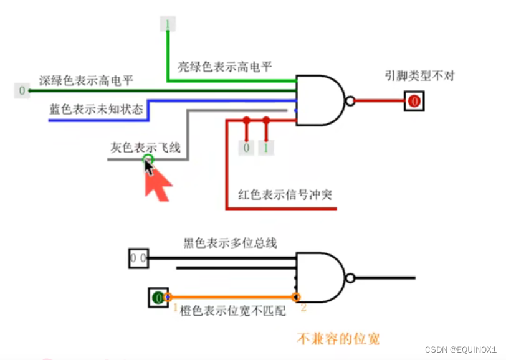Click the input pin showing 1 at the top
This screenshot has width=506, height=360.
tap(166, 24)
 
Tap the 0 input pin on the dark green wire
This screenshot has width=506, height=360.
tap(22, 91)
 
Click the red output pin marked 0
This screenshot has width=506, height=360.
tap(414, 101)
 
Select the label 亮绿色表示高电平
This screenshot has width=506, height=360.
tap(224, 67)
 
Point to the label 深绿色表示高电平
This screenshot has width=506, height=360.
tap(86, 80)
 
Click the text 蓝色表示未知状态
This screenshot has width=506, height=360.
tap(97, 110)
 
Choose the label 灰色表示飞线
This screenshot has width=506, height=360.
tap(145, 147)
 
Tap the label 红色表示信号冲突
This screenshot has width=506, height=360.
tap(285, 194)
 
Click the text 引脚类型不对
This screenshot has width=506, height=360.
tap(420, 77)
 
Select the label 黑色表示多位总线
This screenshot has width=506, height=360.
tap(230, 243)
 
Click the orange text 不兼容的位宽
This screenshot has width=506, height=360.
tap(338, 339)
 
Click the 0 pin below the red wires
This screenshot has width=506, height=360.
tap(247, 148)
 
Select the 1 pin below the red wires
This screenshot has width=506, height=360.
tap(266, 148)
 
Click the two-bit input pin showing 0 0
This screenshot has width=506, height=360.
tap(138, 258)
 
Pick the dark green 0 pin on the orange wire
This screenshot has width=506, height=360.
tap(158, 298)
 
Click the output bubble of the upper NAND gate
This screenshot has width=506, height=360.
tap(350, 101)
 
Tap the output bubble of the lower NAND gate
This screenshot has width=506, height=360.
tap(350, 278)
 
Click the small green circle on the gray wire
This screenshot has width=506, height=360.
tap(148, 159)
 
